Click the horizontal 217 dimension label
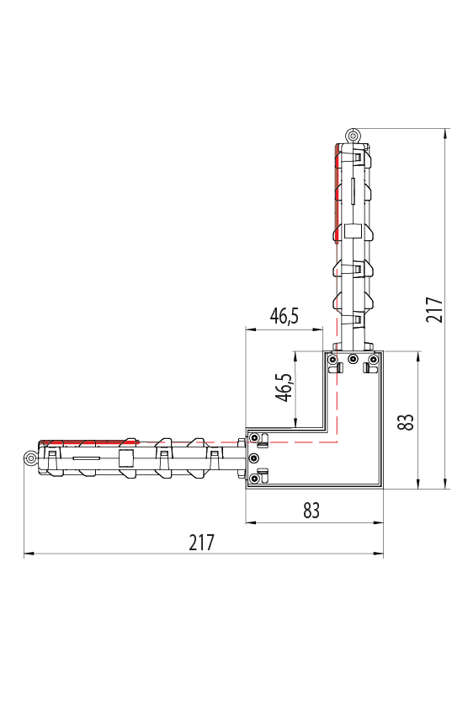[x=202, y=543]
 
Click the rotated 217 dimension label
[x=434, y=310]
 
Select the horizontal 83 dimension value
[x=311, y=511]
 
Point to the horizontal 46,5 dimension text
[x=285, y=316]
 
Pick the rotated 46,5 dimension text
[x=285, y=388]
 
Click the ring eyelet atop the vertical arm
[x=353, y=136]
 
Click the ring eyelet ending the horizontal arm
[x=30, y=458]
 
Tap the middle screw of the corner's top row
[x=353, y=358]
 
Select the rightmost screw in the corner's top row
[x=372, y=359]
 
